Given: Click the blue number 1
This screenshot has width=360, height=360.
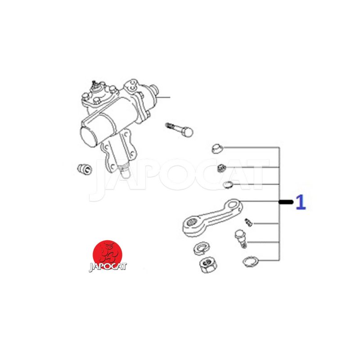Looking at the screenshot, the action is pos(301,202).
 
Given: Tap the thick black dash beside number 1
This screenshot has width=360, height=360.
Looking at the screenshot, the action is pos(286,202).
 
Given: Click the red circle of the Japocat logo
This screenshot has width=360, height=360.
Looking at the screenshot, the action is pos(107,254).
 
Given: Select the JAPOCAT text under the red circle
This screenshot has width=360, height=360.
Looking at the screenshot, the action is pos(108,267).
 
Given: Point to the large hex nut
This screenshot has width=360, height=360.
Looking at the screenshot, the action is pos(208,265).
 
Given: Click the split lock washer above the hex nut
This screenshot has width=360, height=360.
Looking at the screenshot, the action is pos(201,247).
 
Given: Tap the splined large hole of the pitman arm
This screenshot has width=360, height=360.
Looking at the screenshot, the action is pos(191,222).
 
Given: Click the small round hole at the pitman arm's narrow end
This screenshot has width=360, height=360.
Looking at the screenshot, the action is pos(234,203).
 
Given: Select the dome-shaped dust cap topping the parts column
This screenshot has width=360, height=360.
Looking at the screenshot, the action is pos(217,149).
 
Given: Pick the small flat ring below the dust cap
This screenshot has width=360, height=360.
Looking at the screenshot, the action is pos(228,184).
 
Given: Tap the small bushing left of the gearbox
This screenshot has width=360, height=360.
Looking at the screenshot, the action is pos(85,169).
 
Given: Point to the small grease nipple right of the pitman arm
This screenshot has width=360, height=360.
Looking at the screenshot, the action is pos(248,222).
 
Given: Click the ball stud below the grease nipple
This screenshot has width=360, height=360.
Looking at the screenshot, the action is pos(241,239).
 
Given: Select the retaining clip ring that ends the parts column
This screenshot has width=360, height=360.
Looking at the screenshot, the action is pos(251,262).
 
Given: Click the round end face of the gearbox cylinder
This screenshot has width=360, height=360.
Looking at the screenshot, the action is pos(88,136).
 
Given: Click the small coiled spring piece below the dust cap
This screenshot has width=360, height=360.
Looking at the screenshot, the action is pos(221,168).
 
